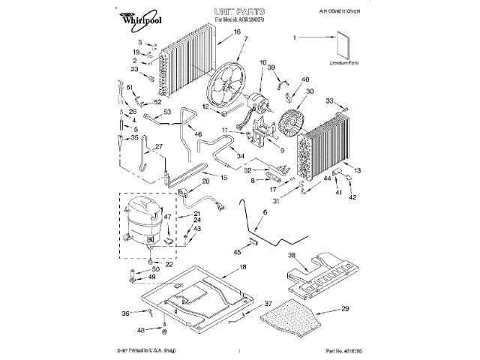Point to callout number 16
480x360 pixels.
pyautogui.click(x=236, y=32)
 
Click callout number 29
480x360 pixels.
pyautogui.click(x=345, y=309)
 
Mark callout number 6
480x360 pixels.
pyautogui.click(x=264, y=214)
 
